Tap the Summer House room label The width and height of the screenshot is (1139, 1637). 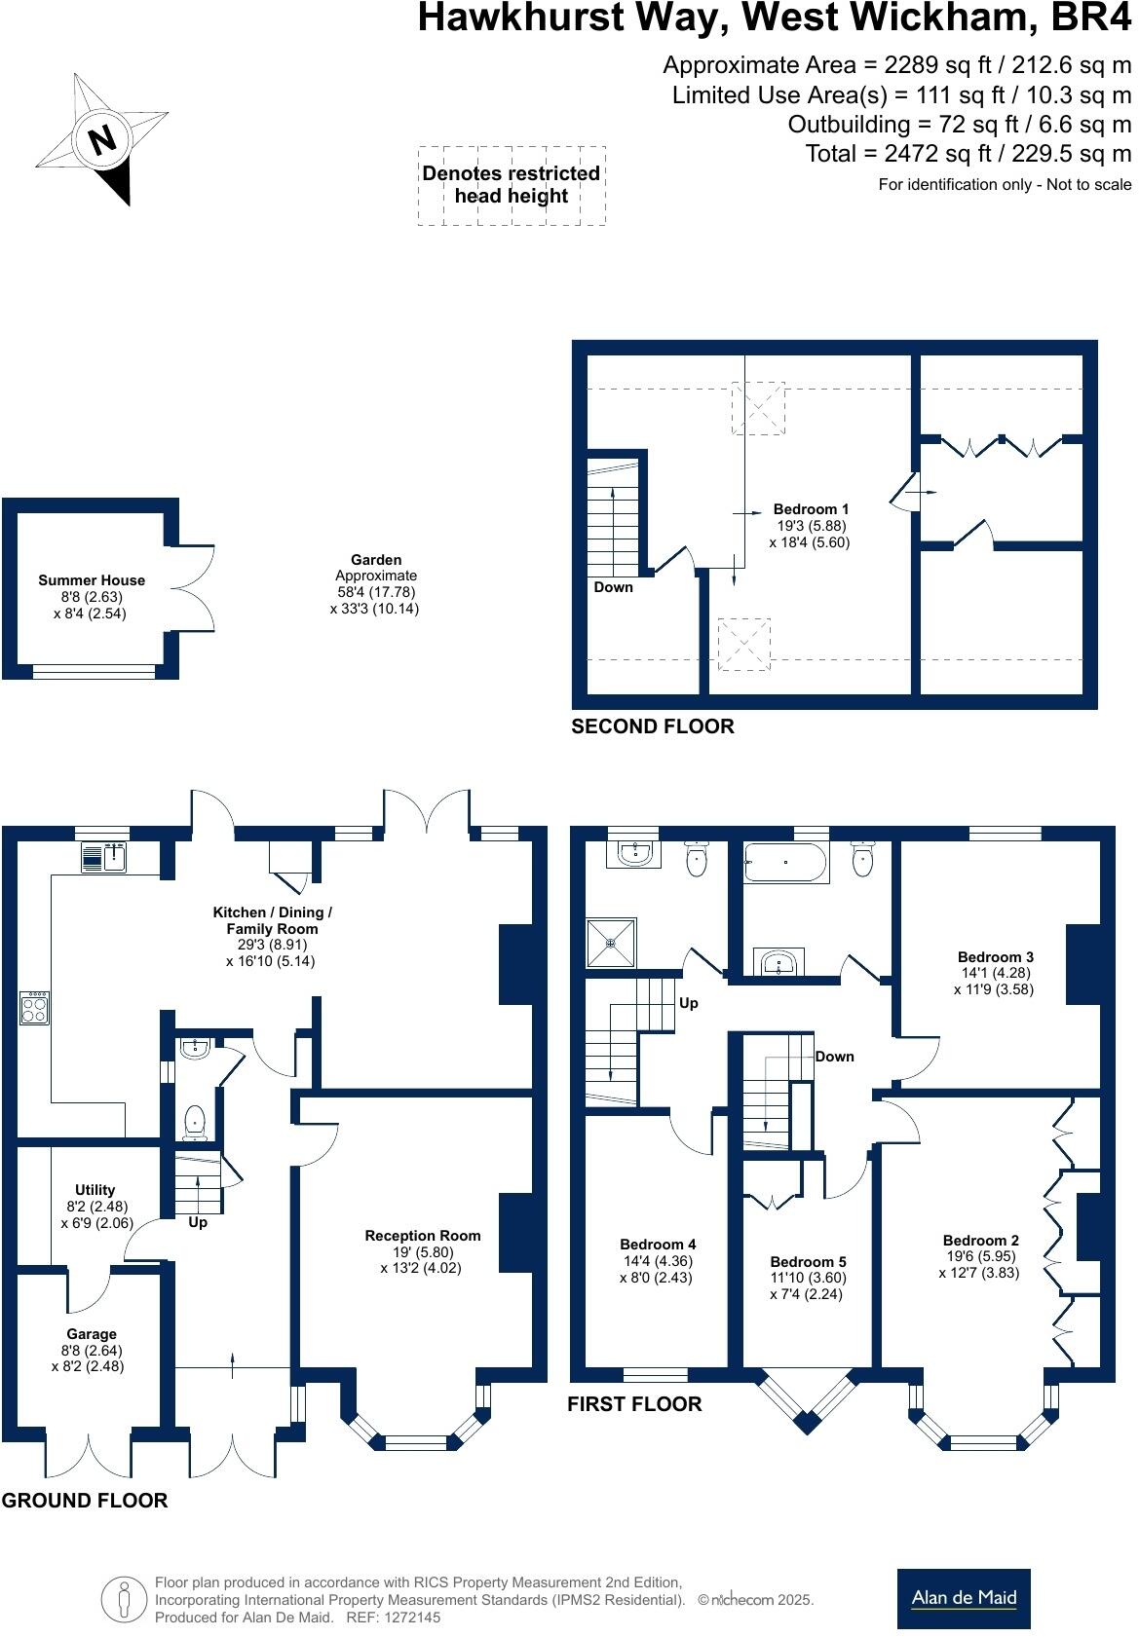tap(92, 580)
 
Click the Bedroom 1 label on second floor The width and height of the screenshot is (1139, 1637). tap(811, 509)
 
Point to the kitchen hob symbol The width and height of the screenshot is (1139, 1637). tap(35, 1008)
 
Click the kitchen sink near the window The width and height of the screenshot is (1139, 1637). tap(105, 858)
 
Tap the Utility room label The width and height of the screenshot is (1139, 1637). tap(95, 1190)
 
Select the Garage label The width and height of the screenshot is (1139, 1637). tap(92, 1334)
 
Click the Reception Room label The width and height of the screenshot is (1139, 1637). tap(423, 1236)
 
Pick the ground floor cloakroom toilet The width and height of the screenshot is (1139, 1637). tap(195, 1123)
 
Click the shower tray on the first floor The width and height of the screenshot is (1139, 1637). tap(611, 942)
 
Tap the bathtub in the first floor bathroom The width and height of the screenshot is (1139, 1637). tap(786, 863)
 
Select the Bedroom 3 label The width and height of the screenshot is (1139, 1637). tap(995, 956)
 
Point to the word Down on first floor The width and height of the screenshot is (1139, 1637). tap(834, 1057)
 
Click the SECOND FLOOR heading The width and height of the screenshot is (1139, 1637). tap(652, 726)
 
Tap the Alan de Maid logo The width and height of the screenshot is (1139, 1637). tap(964, 1598)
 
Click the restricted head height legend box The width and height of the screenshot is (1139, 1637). tap(512, 185)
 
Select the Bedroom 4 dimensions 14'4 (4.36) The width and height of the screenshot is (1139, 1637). tap(657, 1260)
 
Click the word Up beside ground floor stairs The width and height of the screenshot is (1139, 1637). tap(198, 1222)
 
